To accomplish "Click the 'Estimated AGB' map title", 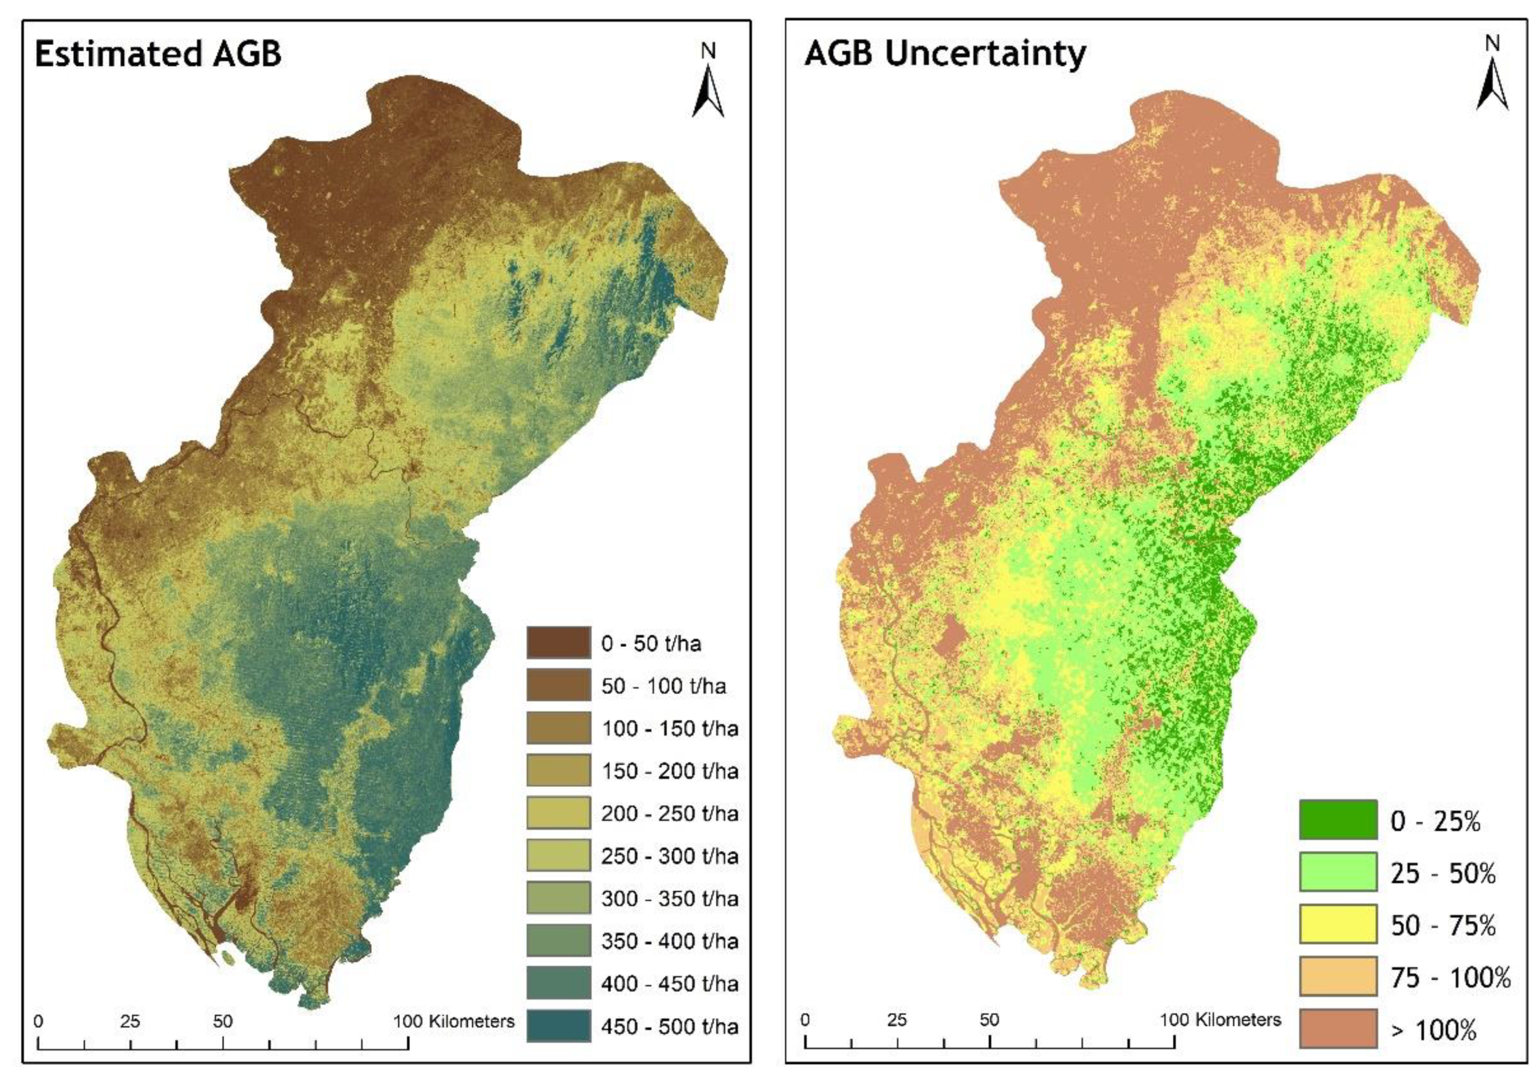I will pos(158,53).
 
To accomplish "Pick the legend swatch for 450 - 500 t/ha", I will pos(558,1025).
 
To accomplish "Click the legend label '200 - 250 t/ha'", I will pos(669,813).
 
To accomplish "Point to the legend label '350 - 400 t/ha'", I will pos(669,941).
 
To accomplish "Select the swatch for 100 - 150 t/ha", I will pos(558,727).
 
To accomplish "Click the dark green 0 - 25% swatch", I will pos(1338,819).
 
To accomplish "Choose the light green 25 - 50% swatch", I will pos(1338,872).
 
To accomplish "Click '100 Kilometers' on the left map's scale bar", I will pos(453,1021).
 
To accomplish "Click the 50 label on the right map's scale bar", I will pos(989,1020).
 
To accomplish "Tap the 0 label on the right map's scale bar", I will pos(805,1020).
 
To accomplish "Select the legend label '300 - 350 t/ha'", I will pos(669,898).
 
